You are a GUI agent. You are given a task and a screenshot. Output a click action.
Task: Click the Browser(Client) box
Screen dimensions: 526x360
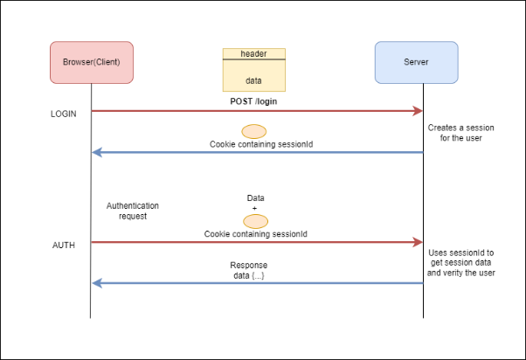pos(92,62)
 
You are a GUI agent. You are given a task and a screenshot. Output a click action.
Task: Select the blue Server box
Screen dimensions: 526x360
pos(416,62)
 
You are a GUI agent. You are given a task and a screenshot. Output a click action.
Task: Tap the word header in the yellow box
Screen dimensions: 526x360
pos(253,53)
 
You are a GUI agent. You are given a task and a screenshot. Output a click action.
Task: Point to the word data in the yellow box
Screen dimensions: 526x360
pos(253,80)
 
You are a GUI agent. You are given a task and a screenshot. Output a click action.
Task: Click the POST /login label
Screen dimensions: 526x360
pos(253,101)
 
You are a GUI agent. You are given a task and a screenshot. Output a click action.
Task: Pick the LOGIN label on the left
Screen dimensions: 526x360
pos(64,114)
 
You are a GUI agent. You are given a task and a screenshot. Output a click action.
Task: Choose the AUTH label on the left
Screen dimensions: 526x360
pos(64,246)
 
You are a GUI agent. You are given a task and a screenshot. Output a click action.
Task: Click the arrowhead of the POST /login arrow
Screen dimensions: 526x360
pos(418,111)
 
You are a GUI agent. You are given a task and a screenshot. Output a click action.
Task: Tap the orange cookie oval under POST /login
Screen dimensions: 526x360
pos(254,132)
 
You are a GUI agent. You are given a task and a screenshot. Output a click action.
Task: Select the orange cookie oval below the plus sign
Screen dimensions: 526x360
pos(256,221)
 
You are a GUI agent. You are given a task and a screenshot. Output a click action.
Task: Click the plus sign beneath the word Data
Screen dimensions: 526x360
pos(254,208)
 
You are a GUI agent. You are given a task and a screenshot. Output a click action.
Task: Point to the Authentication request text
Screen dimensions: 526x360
pos(133,211)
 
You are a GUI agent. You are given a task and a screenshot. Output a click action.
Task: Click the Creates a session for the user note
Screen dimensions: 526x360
pos(461,133)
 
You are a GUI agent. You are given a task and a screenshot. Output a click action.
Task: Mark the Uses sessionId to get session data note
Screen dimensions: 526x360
pos(461,263)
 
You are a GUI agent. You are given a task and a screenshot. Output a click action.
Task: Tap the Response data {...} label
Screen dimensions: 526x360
pos(248,270)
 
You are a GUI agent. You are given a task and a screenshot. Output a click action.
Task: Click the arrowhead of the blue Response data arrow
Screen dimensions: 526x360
pos(97,283)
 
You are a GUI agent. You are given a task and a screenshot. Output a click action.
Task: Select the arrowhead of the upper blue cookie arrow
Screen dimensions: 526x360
pos(97,152)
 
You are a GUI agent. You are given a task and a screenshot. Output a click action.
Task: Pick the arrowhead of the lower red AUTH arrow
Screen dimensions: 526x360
pos(418,242)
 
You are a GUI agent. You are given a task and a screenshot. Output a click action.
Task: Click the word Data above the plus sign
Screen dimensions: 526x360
pos(256,198)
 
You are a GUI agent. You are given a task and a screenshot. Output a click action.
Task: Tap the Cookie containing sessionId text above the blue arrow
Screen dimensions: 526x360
pos(261,144)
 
